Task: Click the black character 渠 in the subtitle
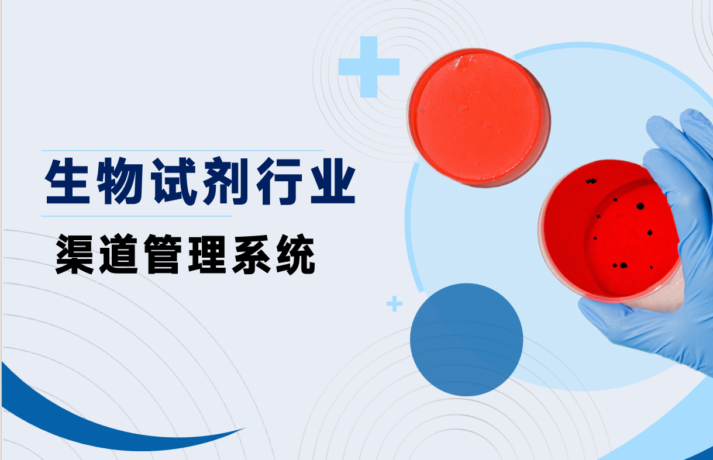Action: click(75, 254)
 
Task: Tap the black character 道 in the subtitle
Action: click(118, 254)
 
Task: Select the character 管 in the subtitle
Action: click(163, 254)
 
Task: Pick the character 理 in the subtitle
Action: click(207, 254)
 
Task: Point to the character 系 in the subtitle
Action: click(252, 254)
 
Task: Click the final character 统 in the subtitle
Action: click(296, 254)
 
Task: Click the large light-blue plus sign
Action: click(369, 67)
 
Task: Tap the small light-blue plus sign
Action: click(394, 303)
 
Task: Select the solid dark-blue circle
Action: click(466, 340)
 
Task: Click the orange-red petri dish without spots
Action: click(478, 117)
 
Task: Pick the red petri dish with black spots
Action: click(609, 231)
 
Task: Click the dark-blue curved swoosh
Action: click(105, 423)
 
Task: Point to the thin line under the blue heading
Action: click(137, 216)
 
